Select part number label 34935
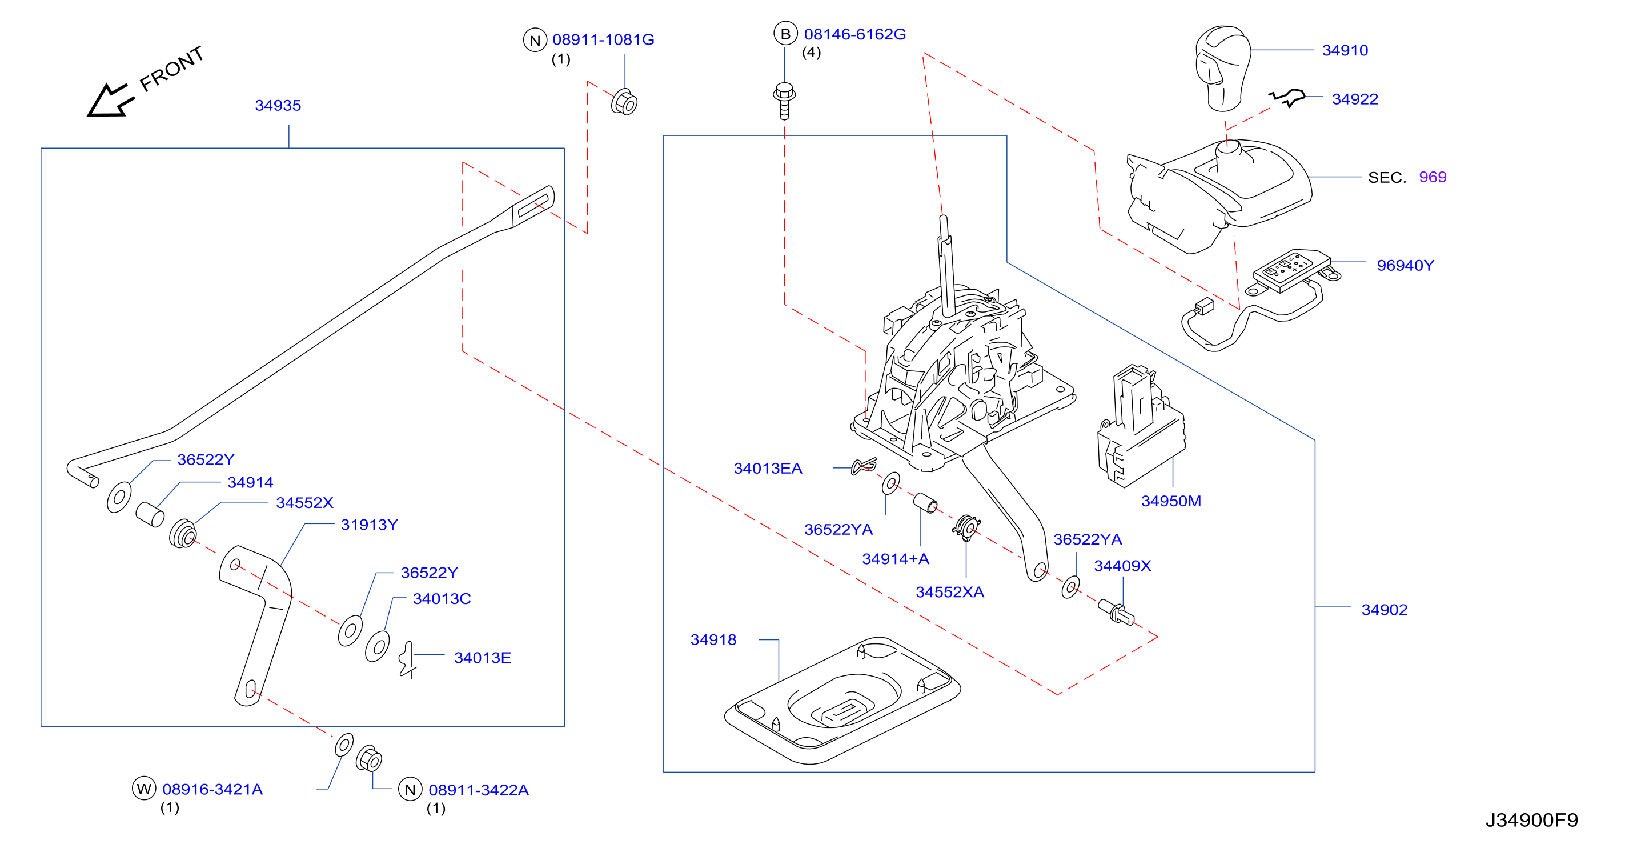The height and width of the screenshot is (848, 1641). (278, 105)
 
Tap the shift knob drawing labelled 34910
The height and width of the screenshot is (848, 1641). (1222, 68)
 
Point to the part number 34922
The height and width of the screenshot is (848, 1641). (1355, 99)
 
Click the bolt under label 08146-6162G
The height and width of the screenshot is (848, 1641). (784, 101)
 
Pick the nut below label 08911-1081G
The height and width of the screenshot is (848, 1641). (624, 102)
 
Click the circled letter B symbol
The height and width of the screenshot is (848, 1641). (785, 34)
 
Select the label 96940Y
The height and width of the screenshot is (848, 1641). (1405, 266)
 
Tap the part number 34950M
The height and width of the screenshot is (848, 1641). (1171, 501)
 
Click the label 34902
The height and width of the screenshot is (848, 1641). (1385, 610)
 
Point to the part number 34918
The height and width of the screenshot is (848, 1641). (713, 639)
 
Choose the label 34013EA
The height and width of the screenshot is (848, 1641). (768, 468)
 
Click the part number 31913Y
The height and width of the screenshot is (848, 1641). (369, 525)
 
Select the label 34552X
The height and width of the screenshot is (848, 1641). (304, 503)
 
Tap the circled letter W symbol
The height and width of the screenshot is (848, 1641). (144, 789)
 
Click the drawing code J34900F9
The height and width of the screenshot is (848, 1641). (1531, 820)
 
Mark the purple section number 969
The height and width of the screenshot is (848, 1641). (1433, 177)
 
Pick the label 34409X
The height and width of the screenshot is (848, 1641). (1122, 566)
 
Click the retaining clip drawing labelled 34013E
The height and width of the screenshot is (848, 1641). (407, 660)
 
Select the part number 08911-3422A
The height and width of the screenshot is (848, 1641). (479, 790)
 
